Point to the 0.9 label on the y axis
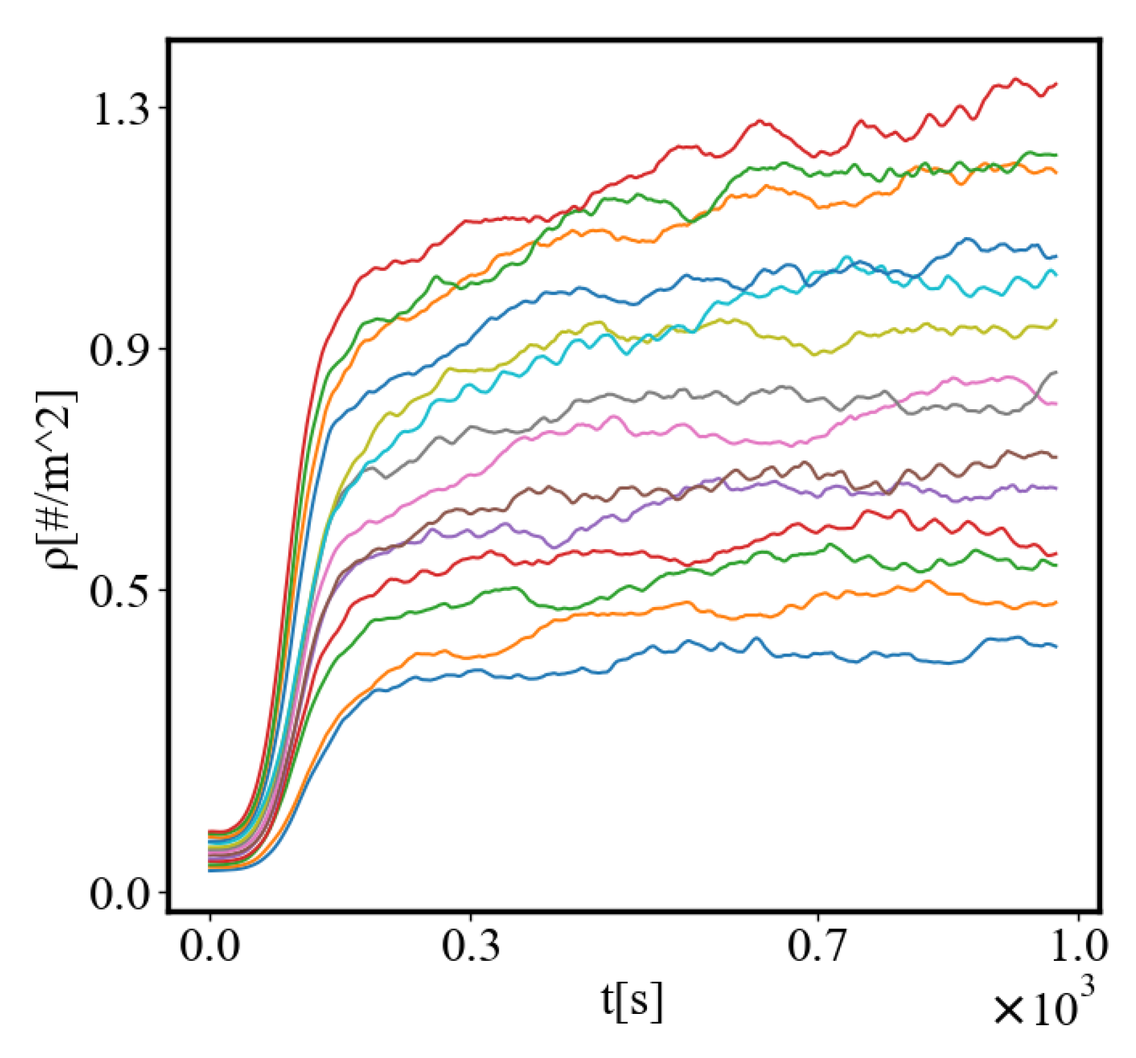pos(120,350)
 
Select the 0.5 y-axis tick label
pos(120,592)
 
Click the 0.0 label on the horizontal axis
pos(210,945)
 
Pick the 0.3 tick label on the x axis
pos(471,945)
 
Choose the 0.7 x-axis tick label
pos(817,945)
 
